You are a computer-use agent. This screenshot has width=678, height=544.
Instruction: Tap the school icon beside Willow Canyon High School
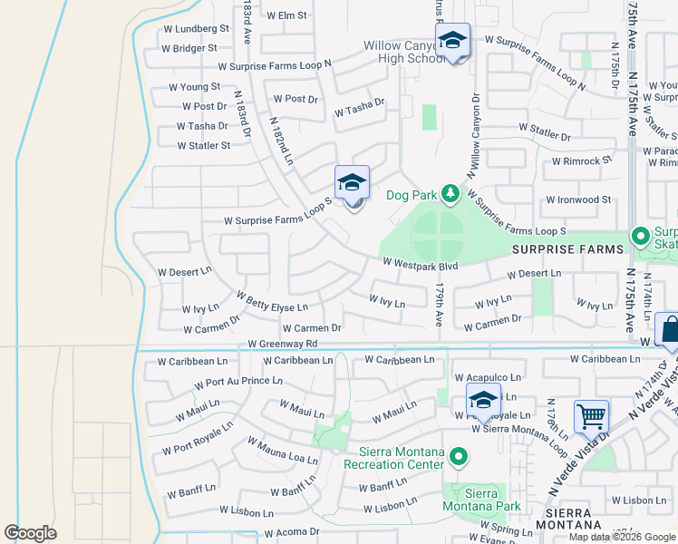click(x=452, y=40)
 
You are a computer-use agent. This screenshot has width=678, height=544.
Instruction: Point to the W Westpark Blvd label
click(x=420, y=265)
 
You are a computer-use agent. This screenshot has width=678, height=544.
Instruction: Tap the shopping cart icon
click(x=591, y=416)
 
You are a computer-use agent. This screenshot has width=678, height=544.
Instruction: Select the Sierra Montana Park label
click(x=481, y=500)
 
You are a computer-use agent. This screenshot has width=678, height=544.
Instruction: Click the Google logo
click(x=30, y=533)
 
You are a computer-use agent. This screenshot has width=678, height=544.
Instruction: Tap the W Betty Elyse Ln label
click(x=272, y=302)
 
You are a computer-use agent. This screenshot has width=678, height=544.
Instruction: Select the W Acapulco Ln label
click(x=489, y=377)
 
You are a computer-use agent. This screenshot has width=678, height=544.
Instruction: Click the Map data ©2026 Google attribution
click(x=621, y=537)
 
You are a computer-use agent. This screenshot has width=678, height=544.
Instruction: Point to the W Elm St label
click(x=286, y=15)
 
